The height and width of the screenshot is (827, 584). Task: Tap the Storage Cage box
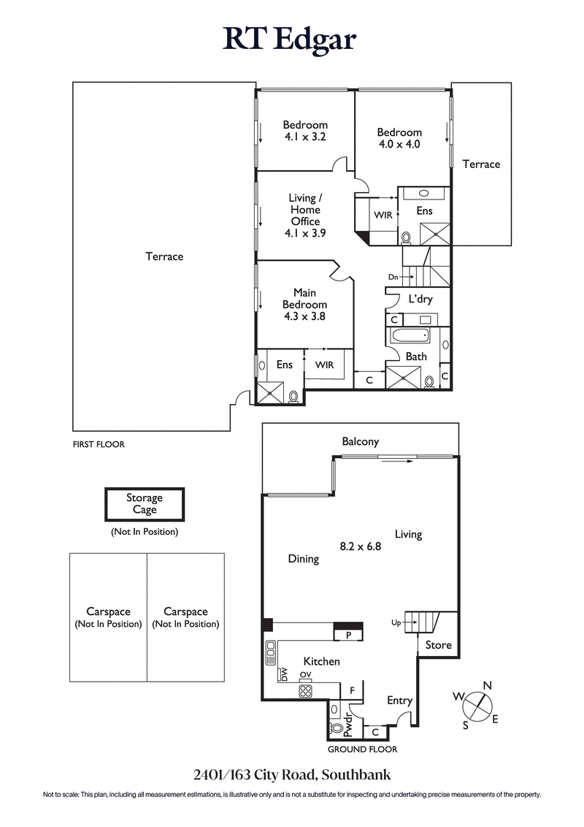pos(145,504)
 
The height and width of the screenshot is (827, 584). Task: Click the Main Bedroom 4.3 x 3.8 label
pos(305,305)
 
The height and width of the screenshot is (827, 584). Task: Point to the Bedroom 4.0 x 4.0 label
pos(399,138)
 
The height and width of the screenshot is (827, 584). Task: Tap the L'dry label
pos(420,299)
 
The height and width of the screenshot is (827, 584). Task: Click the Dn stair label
pos(393,277)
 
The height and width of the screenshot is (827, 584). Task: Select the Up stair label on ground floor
pos(396,622)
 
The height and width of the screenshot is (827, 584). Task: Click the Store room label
pos(438,645)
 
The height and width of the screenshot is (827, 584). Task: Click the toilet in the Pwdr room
pos(337,728)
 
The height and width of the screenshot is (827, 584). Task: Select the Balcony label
pos(361,441)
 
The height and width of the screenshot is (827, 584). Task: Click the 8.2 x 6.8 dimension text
pos(361,545)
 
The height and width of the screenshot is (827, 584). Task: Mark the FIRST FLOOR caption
pos(99,444)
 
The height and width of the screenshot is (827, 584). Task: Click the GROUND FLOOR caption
pos(362,750)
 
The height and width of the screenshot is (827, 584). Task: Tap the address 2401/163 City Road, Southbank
pos(291,774)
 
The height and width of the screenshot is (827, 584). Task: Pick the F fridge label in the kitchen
pos(353,690)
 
